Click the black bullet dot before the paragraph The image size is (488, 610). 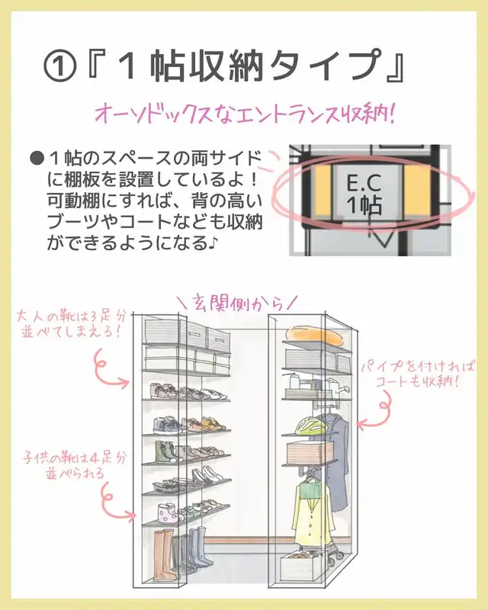pyautogui.click(x=35, y=159)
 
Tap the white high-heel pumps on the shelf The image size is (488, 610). pyautogui.click(x=206, y=479)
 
